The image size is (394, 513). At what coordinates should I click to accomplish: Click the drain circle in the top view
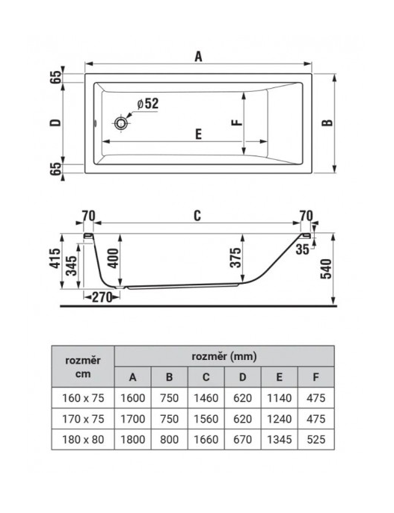121,123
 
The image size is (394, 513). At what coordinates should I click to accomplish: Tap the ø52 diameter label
148,104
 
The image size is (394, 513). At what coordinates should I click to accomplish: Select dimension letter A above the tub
198,57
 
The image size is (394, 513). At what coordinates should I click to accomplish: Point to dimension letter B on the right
327,122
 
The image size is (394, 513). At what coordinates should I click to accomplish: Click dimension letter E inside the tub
198,134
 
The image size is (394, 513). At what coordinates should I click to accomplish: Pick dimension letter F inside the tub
236,122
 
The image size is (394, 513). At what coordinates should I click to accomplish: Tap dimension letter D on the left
55,122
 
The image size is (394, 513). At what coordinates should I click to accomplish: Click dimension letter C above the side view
197,216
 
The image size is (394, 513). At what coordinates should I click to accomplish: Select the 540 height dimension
326,269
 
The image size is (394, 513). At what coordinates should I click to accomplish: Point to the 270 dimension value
102,297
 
